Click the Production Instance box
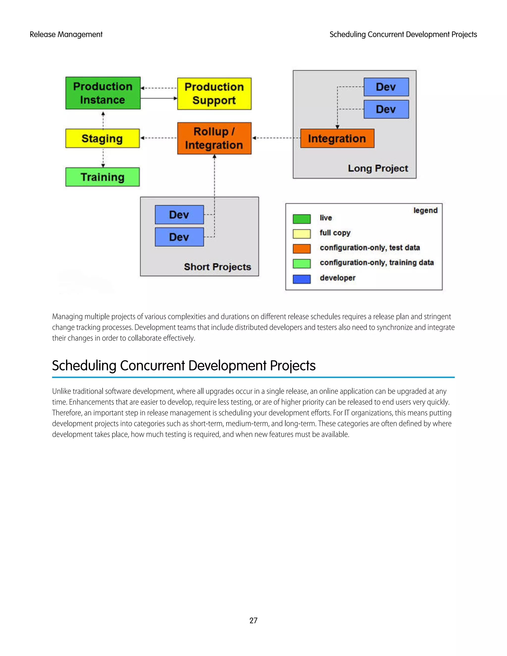(103, 93)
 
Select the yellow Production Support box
(214, 94)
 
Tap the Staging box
(102, 138)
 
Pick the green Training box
(102, 177)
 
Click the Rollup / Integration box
(214, 138)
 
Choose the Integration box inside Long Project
(337, 138)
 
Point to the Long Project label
(378, 168)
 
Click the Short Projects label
(217, 267)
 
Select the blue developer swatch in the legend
(302, 279)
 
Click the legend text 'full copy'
(335, 233)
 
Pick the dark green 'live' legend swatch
(302, 219)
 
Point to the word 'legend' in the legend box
(425, 210)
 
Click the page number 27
(253, 621)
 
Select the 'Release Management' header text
(66, 35)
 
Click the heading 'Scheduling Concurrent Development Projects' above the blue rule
(183, 366)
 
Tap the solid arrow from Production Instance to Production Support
(159, 98)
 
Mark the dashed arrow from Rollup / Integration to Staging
(159, 138)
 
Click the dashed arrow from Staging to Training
(103, 158)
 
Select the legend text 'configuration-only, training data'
(377, 262)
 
